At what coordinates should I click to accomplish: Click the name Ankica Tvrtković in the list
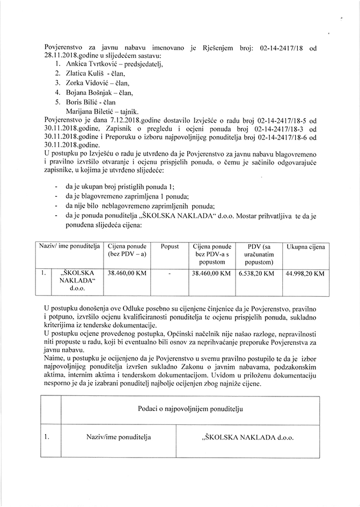(x=87, y=64)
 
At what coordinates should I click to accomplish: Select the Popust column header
(x=170, y=247)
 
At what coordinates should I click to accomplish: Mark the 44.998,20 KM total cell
(x=305, y=273)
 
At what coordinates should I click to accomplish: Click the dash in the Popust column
(x=170, y=273)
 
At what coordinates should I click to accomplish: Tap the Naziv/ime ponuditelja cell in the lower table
(x=119, y=437)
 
